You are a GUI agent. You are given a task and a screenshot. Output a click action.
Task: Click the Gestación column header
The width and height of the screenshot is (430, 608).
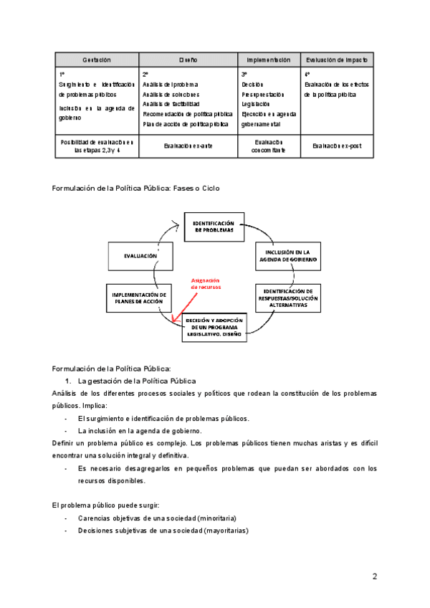(x=96, y=60)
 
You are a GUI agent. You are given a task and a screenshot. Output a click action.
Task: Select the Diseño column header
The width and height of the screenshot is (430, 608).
(x=188, y=60)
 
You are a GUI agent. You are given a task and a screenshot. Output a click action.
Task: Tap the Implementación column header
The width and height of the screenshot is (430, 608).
(x=269, y=60)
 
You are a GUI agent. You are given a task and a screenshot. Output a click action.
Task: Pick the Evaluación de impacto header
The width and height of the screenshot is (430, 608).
(x=336, y=60)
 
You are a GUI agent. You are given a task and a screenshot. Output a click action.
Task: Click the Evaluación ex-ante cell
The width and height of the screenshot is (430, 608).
(x=188, y=146)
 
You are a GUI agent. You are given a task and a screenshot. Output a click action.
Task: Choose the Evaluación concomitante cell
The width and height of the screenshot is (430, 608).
(x=269, y=146)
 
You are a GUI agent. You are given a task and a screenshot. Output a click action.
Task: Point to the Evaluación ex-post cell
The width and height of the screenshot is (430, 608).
(x=336, y=146)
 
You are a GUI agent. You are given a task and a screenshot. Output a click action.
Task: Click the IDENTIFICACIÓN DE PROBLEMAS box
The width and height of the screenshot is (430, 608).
(x=214, y=227)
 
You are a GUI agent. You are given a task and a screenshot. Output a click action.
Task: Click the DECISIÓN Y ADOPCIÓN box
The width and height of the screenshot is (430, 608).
(x=214, y=326)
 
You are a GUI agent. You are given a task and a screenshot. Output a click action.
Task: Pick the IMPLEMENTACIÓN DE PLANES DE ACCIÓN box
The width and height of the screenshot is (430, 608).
(x=140, y=298)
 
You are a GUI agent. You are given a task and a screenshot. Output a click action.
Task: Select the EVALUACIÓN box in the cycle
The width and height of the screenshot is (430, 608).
(x=140, y=255)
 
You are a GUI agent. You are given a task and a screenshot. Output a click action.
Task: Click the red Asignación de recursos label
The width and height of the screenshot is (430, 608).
(x=206, y=283)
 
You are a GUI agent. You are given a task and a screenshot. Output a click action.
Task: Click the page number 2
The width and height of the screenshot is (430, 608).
(x=374, y=576)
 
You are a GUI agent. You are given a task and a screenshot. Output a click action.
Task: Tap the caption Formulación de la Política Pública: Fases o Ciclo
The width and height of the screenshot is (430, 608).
(x=136, y=188)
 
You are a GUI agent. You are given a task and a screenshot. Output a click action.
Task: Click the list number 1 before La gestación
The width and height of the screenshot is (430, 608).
(x=67, y=381)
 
